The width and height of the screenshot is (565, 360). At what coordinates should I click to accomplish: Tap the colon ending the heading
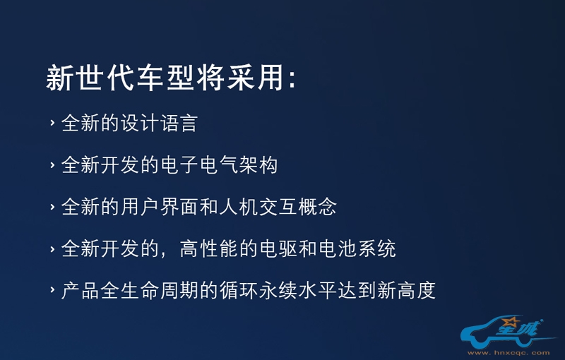click(x=292, y=79)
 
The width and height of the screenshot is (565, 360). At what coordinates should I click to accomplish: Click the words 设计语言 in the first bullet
click(x=159, y=123)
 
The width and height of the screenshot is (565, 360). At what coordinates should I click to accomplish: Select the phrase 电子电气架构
click(x=219, y=165)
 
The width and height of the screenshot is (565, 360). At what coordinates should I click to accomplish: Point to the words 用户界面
click(x=160, y=207)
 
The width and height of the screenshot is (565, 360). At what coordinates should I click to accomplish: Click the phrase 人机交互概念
click(x=278, y=207)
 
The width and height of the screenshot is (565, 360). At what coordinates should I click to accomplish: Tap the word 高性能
click(x=209, y=248)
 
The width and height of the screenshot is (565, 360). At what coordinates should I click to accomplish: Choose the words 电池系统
click(x=357, y=248)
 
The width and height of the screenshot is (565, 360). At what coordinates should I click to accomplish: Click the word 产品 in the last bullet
click(x=80, y=291)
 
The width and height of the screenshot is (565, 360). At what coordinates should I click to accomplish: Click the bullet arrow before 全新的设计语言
click(x=52, y=123)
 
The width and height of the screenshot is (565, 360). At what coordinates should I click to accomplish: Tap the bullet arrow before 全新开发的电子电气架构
click(x=52, y=165)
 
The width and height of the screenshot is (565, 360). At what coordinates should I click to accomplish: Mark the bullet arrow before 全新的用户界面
click(x=52, y=207)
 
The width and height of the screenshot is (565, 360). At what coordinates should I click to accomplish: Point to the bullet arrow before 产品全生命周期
click(x=52, y=290)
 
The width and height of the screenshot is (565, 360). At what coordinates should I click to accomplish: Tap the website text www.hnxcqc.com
click(x=509, y=353)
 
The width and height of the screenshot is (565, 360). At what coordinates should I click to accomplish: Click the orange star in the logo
click(x=511, y=320)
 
